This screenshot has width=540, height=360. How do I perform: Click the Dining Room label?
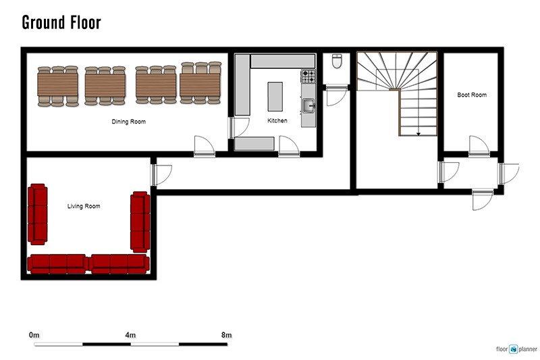[x=128, y=122]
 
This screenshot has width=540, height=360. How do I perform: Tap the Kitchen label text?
[x=277, y=121]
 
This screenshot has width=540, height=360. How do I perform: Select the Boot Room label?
[x=472, y=95]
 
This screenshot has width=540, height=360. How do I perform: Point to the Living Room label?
[x=84, y=206]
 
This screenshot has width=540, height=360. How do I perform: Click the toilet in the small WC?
[x=337, y=61]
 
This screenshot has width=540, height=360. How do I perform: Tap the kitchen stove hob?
[x=308, y=76]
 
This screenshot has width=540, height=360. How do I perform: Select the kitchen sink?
[x=308, y=106]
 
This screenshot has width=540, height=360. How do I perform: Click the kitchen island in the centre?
[x=275, y=97]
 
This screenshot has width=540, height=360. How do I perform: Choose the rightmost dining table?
[x=200, y=83]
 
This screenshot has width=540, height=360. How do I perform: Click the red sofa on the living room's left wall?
[x=37, y=214]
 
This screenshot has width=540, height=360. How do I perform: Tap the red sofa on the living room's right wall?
[x=140, y=222]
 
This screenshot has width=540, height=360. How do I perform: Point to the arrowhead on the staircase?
[x=418, y=134]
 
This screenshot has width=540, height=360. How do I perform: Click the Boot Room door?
[x=479, y=147]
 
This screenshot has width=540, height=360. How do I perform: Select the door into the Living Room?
[x=161, y=176]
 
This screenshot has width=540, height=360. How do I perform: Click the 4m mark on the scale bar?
[x=130, y=335]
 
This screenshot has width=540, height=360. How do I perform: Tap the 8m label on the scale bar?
[x=226, y=335]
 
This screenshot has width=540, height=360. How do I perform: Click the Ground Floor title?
[x=61, y=22]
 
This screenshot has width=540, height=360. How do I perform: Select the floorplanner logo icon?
[x=513, y=349]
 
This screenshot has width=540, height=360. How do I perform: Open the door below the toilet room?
[x=336, y=97]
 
